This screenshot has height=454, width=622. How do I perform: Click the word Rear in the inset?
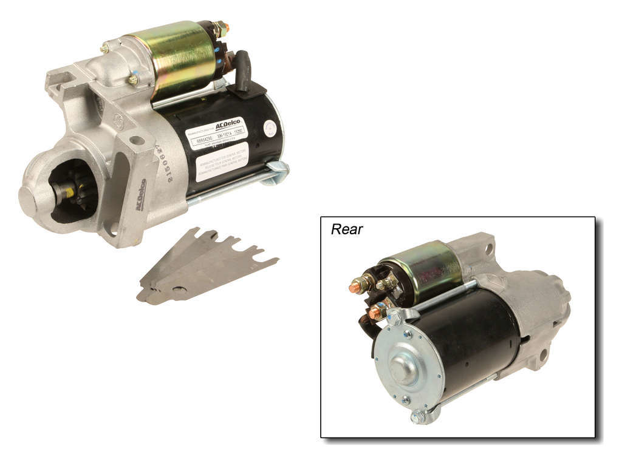pyautogui.click(x=347, y=229)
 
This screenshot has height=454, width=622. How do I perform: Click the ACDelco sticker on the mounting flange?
pyautogui.click(x=140, y=195)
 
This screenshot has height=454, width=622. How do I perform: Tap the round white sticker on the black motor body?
pyautogui.click(x=269, y=128)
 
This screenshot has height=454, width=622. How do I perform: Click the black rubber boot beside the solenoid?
pyautogui.click(x=244, y=70)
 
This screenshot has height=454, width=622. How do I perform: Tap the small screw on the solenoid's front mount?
pyautogui.click(x=132, y=80)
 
